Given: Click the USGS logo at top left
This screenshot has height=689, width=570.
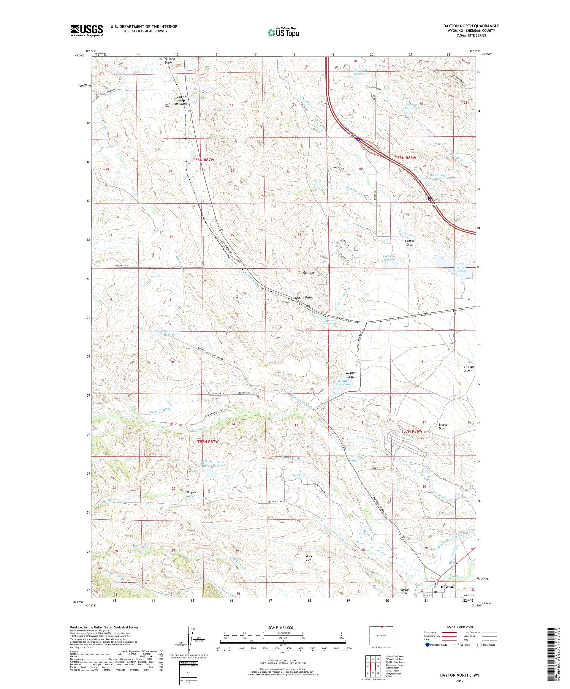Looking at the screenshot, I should click(x=87, y=30).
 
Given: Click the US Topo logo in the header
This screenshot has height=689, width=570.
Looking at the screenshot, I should click(x=284, y=32).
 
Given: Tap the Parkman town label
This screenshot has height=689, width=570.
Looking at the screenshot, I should click(x=306, y=272).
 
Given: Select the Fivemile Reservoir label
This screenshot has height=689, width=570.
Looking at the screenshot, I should click(x=459, y=269).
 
